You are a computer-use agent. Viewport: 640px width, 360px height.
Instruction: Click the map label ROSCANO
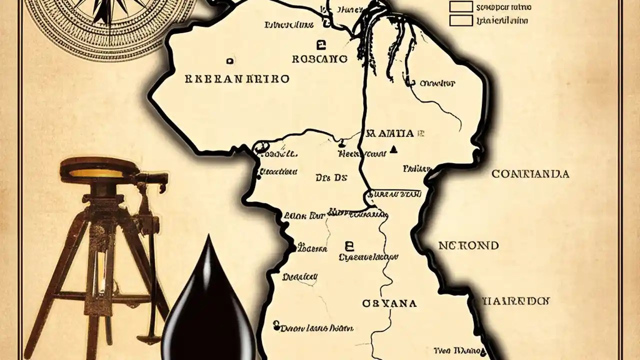319,59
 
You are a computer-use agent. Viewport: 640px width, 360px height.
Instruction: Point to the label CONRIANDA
530,174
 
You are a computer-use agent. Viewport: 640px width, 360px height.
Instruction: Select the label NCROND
468,245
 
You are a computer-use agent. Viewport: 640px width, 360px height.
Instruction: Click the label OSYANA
389,303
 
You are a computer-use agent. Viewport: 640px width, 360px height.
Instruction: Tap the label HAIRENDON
515,301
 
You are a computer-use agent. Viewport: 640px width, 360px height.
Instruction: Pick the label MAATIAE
394,133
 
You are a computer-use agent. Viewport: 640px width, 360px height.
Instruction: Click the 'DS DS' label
331,177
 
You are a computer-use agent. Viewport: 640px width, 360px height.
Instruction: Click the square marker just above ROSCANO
320,43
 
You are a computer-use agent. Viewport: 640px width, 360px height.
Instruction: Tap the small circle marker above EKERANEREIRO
229,61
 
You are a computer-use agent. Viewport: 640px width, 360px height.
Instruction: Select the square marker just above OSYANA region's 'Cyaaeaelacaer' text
349,245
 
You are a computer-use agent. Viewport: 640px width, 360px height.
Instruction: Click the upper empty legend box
460,6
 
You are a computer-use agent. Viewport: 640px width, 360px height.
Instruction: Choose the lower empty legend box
460,20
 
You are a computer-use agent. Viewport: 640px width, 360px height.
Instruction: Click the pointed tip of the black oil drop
208,238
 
